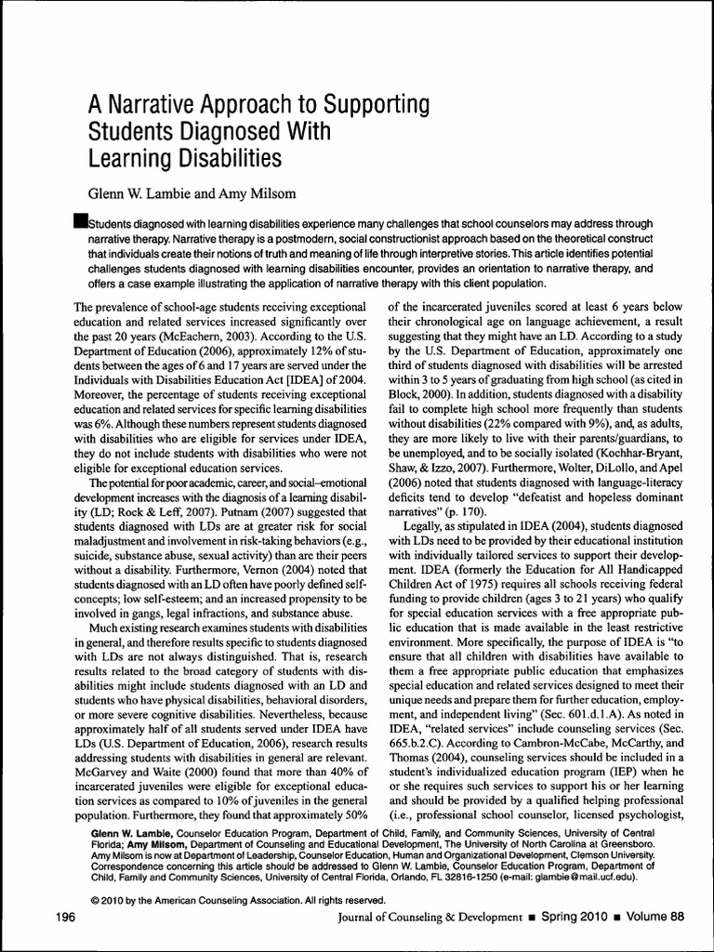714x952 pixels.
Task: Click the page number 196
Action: pyautogui.click(x=65, y=917)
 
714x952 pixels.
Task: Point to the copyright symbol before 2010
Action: pyautogui.click(x=96, y=900)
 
